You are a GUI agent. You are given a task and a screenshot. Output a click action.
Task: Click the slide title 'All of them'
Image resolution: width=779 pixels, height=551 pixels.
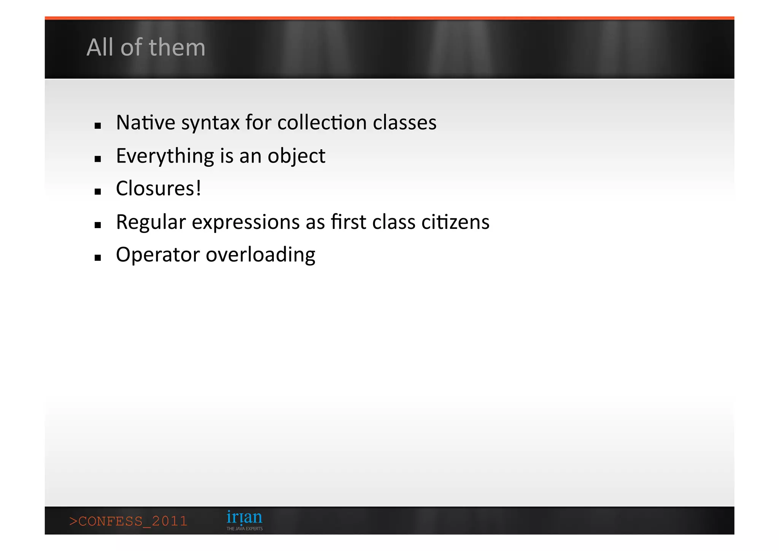(x=146, y=48)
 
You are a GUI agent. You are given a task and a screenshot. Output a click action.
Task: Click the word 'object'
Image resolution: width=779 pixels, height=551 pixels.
(x=296, y=156)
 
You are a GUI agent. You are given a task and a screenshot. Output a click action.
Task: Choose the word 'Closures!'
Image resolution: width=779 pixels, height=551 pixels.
(x=159, y=188)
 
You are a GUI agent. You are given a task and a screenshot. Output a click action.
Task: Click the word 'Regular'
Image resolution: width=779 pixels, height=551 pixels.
(x=151, y=222)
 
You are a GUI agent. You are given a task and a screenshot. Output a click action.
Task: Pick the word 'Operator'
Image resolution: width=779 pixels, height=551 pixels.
(x=157, y=255)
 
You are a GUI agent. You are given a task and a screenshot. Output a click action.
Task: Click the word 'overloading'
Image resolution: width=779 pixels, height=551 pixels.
(x=261, y=255)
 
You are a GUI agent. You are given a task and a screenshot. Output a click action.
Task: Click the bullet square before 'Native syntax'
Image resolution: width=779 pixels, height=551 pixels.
(x=98, y=126)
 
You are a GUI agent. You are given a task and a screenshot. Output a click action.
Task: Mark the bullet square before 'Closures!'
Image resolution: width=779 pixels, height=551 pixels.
(x=98, y=192)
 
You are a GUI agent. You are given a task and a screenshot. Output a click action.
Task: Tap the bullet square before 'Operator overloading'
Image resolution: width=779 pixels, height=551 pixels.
(x=98, y=258)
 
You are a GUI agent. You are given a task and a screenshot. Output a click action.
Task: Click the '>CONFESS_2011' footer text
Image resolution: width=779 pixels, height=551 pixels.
(x=128, y=521)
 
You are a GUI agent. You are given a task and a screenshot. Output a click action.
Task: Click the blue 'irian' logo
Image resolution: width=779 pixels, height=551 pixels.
(x=244, y=517)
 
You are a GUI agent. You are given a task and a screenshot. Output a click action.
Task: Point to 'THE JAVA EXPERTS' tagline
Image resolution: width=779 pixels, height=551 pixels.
(x=245, y=529)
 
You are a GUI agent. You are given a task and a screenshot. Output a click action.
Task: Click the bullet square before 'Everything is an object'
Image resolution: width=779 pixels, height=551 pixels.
(x=98, y=159)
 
